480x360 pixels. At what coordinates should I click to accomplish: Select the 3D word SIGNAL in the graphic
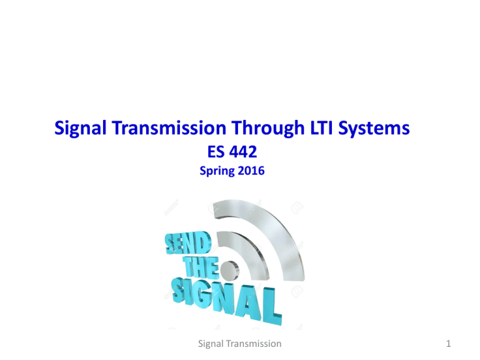[219, 300]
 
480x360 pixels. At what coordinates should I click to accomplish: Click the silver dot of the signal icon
[230, 271]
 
